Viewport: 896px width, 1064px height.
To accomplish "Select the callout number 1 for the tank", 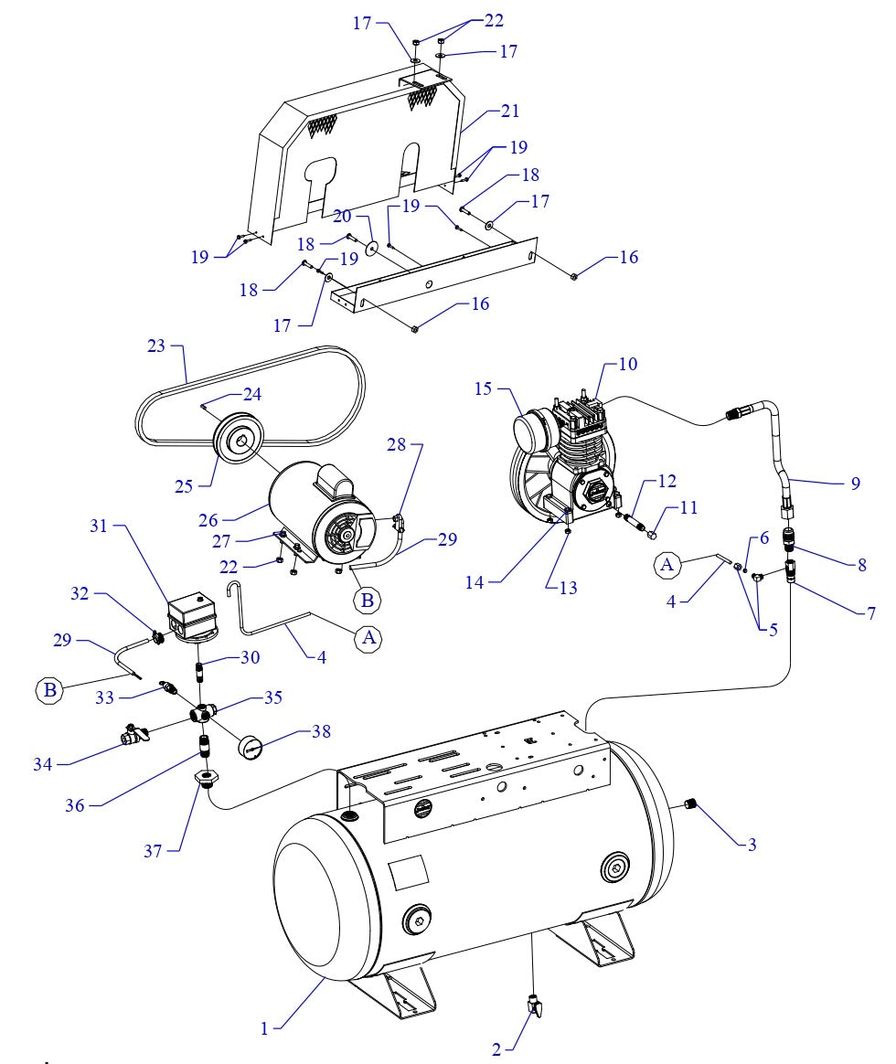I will [x=264, y=1029].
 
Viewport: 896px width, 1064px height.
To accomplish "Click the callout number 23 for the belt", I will [x=156, y=347].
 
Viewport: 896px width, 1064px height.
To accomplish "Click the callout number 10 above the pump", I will [x=627, y=364].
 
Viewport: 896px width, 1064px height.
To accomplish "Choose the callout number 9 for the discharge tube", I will [x=855, y=484].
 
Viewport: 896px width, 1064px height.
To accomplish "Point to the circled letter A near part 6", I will [x=667, y=566].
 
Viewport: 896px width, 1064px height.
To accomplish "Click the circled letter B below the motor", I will [x=368, y=601].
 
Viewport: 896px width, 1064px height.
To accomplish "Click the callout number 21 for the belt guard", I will [x=509, y=112].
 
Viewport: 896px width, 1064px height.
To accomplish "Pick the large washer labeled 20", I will [x=372, y=247].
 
